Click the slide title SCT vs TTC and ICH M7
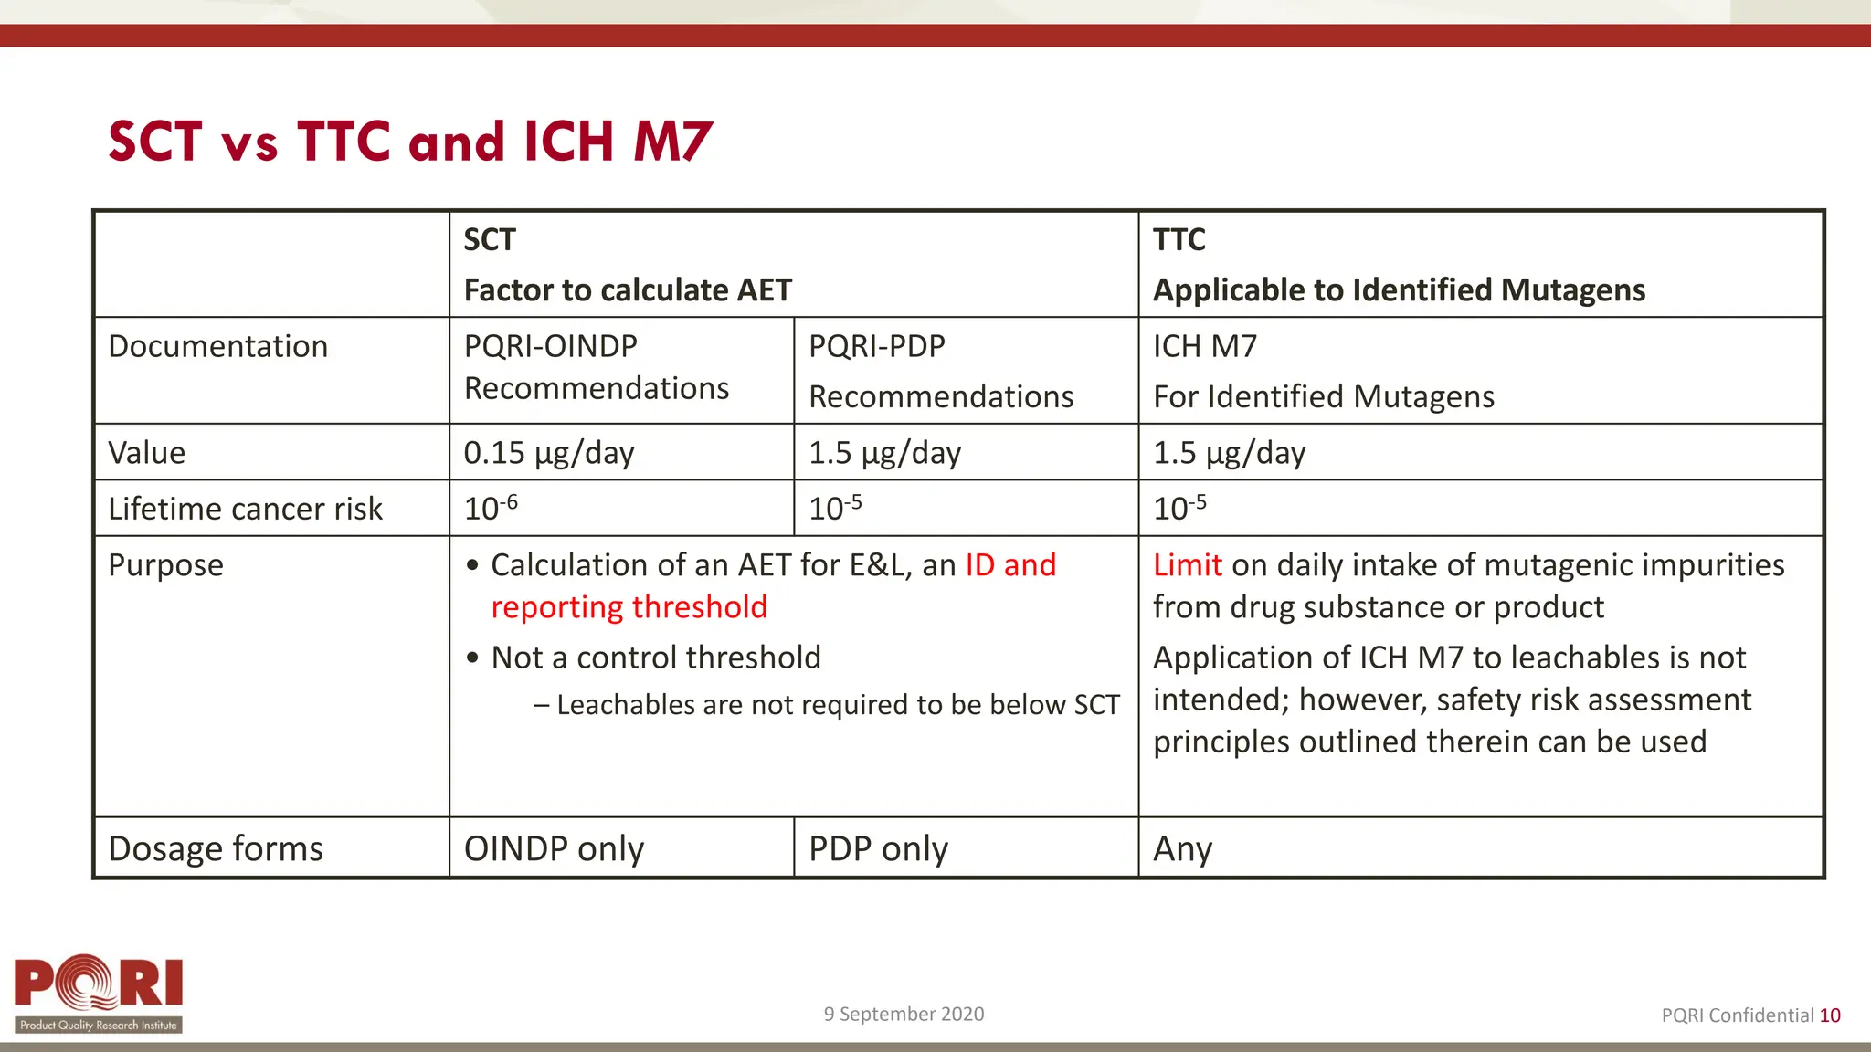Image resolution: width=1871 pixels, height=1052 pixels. pos(409,142)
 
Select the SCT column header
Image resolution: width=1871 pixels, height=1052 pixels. pos(490,240)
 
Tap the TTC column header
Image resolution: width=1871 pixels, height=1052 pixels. pos(1179,240)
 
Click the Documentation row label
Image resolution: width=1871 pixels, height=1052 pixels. pos(217,347)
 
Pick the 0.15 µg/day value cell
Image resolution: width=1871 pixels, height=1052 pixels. pos(548,453)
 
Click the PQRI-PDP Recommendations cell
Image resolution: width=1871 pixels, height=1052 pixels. pos(940,371)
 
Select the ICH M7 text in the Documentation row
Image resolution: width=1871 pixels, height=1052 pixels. pos(1205,347)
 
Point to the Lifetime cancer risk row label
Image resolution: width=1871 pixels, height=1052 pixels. pos(245,509)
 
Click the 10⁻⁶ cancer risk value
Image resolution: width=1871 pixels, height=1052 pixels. pos(491,508)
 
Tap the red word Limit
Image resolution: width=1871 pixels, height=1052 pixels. pos(1187,565)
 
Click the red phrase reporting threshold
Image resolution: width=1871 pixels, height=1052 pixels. pos(629,607)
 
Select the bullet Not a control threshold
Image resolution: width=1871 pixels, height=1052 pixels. pos(655,657)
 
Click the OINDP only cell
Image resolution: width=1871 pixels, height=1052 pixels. pos(554,848)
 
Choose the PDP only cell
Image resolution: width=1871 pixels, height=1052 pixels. pos(878,848)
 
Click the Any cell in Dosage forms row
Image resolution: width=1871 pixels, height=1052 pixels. pos(1182,849)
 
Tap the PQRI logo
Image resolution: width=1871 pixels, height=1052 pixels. pos(99,994)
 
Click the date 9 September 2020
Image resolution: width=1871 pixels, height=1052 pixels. pos(904,1014)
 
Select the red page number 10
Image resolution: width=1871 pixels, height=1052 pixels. pos(1830,1015)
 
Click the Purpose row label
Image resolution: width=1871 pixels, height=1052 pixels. pos(165,565)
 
